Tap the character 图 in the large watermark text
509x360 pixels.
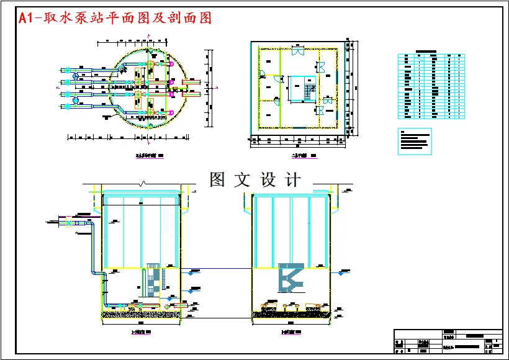pos(217,180)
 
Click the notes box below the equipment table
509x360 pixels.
pos(414,141)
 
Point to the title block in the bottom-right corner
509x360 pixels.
pos(448,342)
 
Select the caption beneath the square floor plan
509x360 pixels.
pos(304,156)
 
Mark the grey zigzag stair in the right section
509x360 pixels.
pos(289,277)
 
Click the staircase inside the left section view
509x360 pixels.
pos(152,282)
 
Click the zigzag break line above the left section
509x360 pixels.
pos(143,184)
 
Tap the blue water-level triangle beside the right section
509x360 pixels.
pos(340,272)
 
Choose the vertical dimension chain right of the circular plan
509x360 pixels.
pos(210,87)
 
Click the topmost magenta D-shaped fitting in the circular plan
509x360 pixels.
pos(171,62)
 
